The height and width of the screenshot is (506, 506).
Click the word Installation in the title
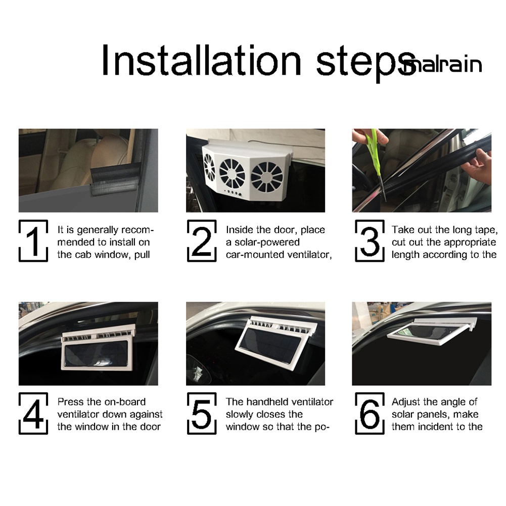[201, 60]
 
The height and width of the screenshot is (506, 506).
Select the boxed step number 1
[33, 241]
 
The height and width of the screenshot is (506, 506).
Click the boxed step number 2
[202, 241]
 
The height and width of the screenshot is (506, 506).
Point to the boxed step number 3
[370, 241]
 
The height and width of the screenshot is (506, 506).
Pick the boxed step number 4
[33, 413]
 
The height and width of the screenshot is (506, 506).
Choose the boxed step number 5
[202, 413]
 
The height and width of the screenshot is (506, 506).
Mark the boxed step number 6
[370, 413]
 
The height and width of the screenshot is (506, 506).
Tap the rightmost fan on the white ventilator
[267, 177]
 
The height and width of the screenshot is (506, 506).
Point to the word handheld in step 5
[269, 402]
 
